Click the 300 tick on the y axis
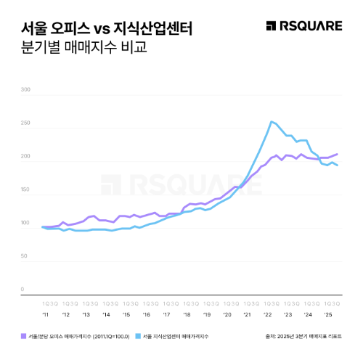[x=26, y=91]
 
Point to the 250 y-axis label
[x=26, y=123]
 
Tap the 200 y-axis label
[x=26, y=157]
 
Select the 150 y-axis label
[x=26, y=190]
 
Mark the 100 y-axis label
[x=26, y=224]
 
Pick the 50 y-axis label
[x=27, y=256]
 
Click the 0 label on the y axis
[x=23, y=290]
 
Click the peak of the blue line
[x=271, y=121]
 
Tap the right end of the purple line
[x=338, y=154]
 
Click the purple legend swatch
[x=25, y=335]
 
